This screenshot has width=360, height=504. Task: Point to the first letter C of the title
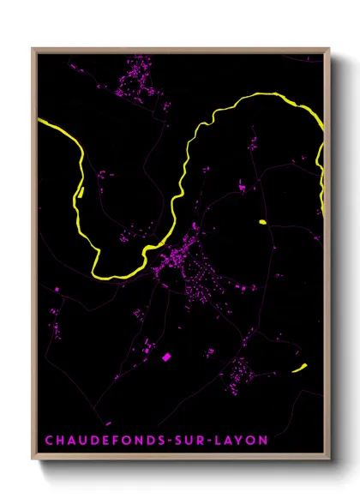48,441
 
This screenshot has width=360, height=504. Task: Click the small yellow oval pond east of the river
261,224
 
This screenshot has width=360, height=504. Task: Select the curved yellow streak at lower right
299,369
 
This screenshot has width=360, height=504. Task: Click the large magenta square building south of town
167,356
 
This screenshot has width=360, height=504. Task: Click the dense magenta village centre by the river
180,257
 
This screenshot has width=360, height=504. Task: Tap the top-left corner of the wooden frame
33,48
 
